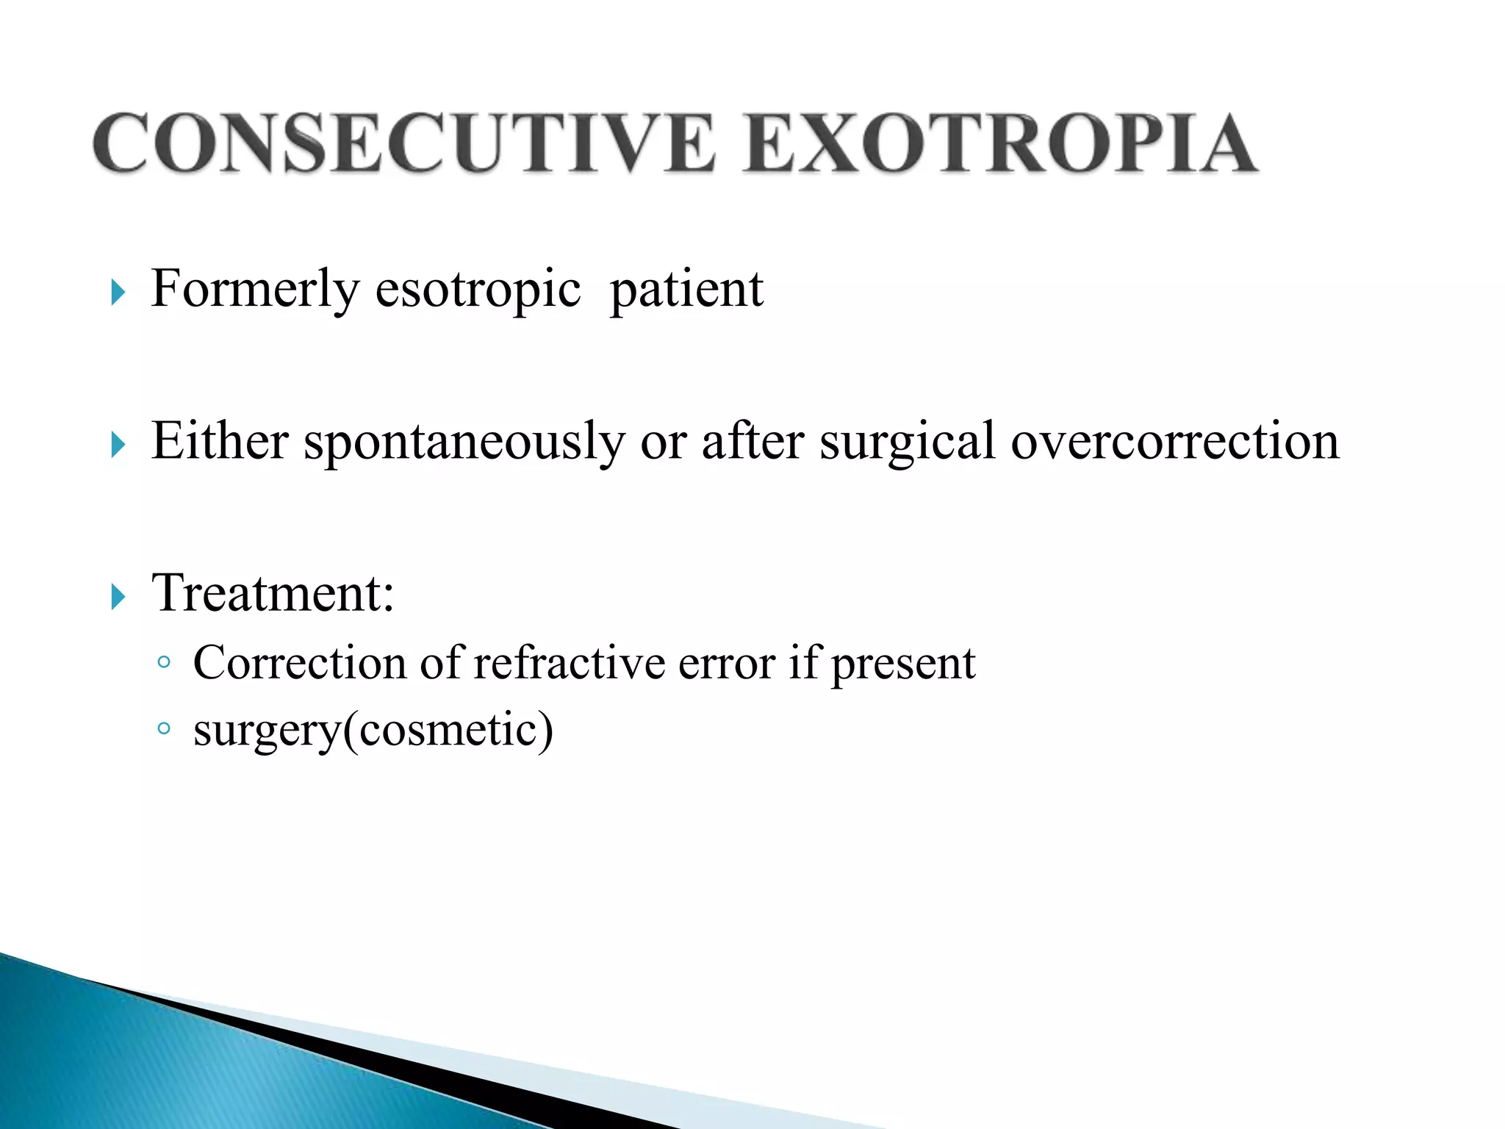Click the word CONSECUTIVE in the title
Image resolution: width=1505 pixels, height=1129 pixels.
pyautogui.click(x=403, y=143)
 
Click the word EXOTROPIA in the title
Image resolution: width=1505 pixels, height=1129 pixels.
pyautogui.click(x=999, y=143)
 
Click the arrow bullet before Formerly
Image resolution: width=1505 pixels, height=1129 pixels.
pyautogui.click(x=118, y=293)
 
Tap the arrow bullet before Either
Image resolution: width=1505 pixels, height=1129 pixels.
pyautogui.click(x=118, y=445)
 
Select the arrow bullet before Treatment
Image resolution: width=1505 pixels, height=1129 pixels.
pyautogui.click(x=118, y=596)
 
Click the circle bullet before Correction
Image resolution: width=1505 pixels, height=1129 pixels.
pyautogui.click(x=164, y=662)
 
